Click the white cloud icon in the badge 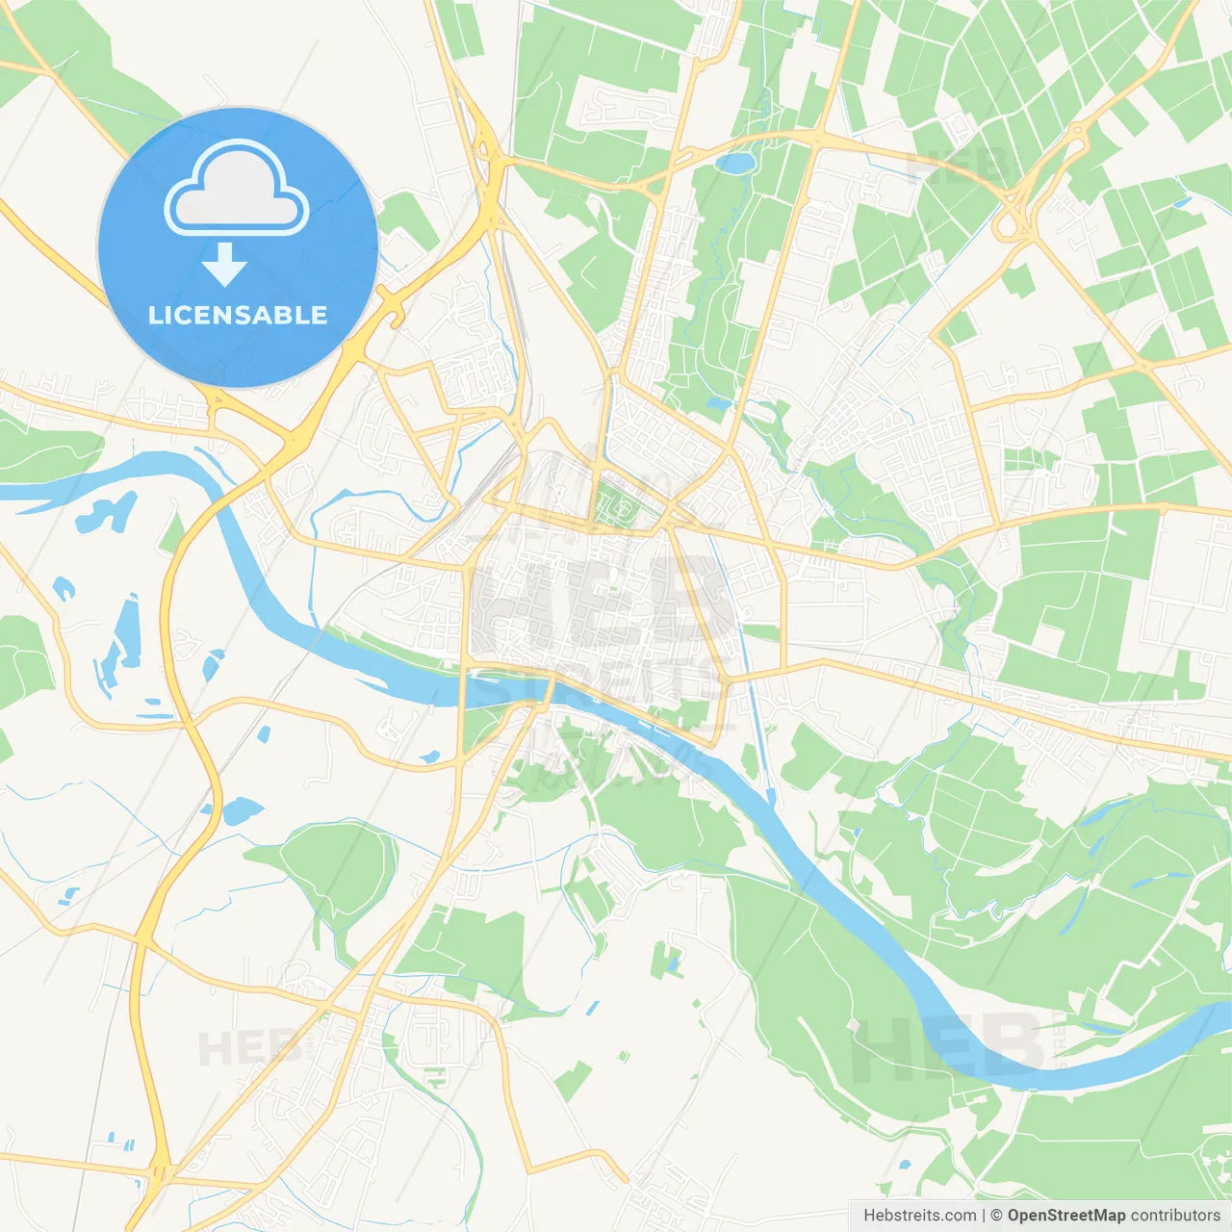[x=237, y=191]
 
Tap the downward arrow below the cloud [x=224, y=265]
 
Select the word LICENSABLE [x=238, y=315]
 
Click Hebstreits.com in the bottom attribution [x=919, y=1216]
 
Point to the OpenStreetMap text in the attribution [x=1065, y=1216]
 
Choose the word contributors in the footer [x=1175, y=1216]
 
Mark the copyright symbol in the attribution [x=996, y=1216]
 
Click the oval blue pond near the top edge [x=736, y=164]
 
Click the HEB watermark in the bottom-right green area [x=948, y=1044]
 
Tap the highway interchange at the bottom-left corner [x=159, y=1174]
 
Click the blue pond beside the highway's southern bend [x=241, y=810]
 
